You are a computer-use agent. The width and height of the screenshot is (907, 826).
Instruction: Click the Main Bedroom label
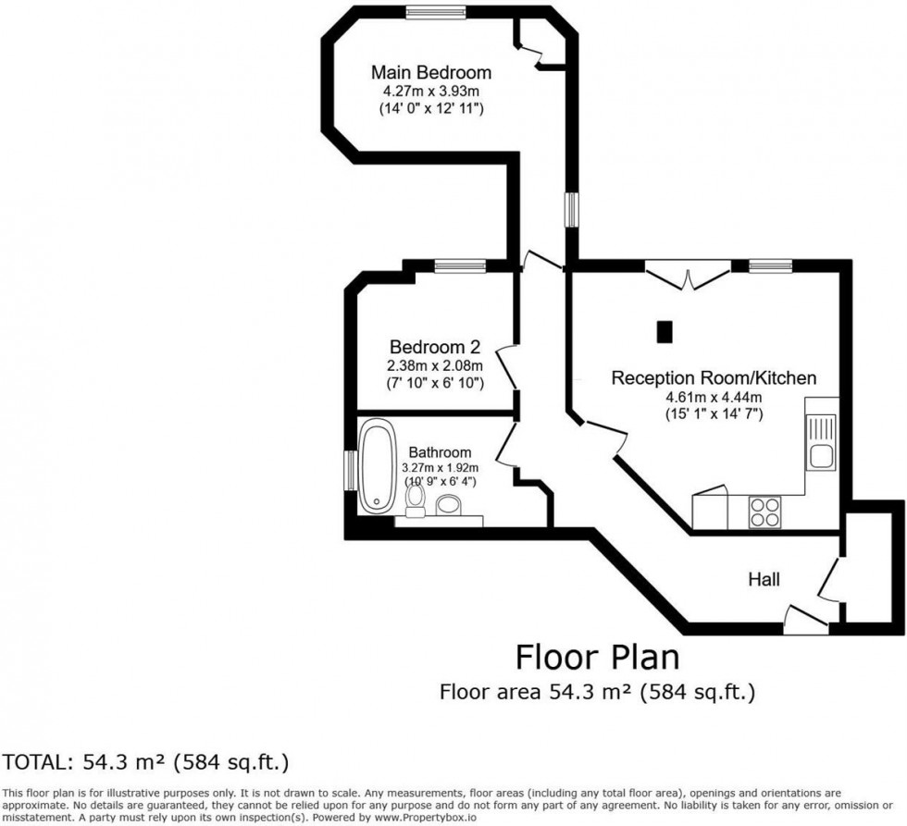pyautogui.click(x=430, y=72)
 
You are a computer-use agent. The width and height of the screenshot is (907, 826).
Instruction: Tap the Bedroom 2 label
pyautogui.click(x=434, y=347)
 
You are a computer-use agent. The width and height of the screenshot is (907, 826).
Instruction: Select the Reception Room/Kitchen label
pyautogui.click(x=713, y=377)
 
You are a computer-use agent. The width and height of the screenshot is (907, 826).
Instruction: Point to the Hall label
pyautogui.click(x=764, y=580)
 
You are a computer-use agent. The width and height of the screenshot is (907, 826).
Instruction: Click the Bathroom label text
pyautogui.click(x=440, y=452)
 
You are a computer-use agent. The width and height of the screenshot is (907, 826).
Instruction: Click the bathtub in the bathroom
pyautogui.click(x=378, y=465)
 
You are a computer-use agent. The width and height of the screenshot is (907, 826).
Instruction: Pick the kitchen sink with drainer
pyautogui.click(x=821, y=442)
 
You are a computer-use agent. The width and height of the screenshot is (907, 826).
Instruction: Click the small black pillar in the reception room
pyautogui.click(x=664, y=331)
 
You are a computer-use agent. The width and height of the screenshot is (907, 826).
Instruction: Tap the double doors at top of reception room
pyautogui.click(x=687, y=274)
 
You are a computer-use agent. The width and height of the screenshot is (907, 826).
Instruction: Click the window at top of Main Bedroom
pyautogui.click(x=433, y=12)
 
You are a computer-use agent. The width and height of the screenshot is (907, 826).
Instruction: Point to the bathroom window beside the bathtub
pyautogui.click(x=350, y=469)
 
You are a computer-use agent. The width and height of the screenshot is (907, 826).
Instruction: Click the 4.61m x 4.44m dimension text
pyautogui.click(x=713, y=398)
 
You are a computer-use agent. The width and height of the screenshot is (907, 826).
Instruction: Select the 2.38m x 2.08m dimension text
pyautogui.click(x=434, y=365)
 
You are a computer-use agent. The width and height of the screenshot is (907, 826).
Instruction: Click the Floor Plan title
pyautogui.click(x=597, y=658)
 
